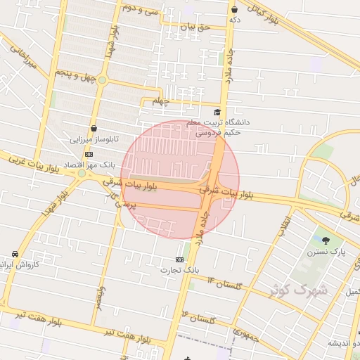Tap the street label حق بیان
195,27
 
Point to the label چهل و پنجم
72,73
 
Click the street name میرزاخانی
20,62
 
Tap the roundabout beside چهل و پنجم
102,79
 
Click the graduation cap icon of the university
217,112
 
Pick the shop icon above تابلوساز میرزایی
94,127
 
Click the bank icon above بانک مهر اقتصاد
89,154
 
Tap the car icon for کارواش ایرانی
15,254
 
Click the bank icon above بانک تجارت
180,259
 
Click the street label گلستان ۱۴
224,284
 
